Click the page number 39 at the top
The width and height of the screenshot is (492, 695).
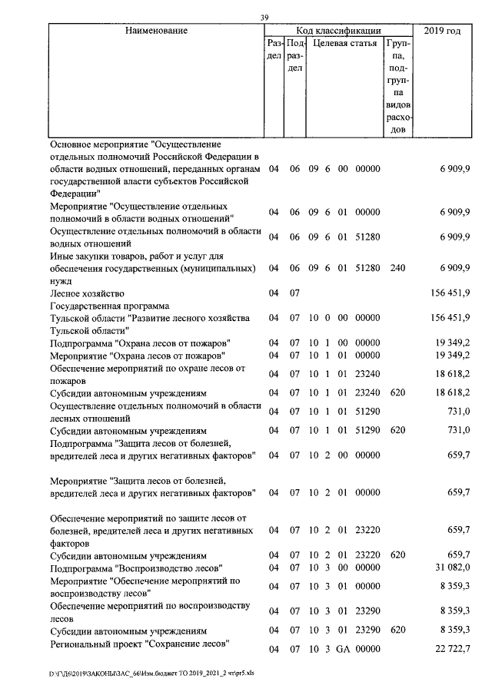coord(264,18)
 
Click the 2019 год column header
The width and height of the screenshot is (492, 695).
coord(442,31)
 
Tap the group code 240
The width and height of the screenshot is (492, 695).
coord(397,268)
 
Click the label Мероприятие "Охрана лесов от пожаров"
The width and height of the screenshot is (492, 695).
coord(137,356)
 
